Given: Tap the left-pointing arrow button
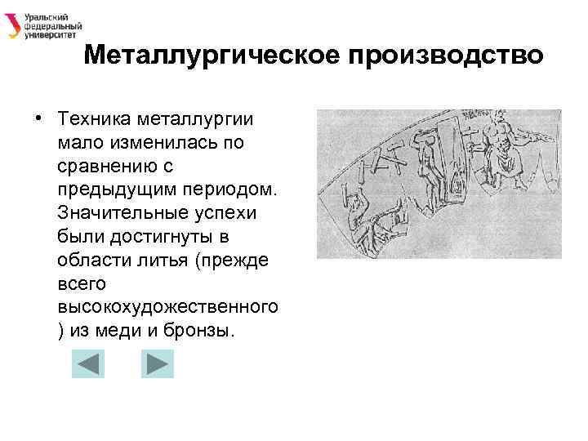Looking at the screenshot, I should pos(88,363).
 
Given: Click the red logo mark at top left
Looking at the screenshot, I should pos(13,25).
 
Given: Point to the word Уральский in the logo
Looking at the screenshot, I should pos(45,16).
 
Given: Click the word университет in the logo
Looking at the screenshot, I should pos(52,35).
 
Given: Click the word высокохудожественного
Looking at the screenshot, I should pos(168,308).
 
